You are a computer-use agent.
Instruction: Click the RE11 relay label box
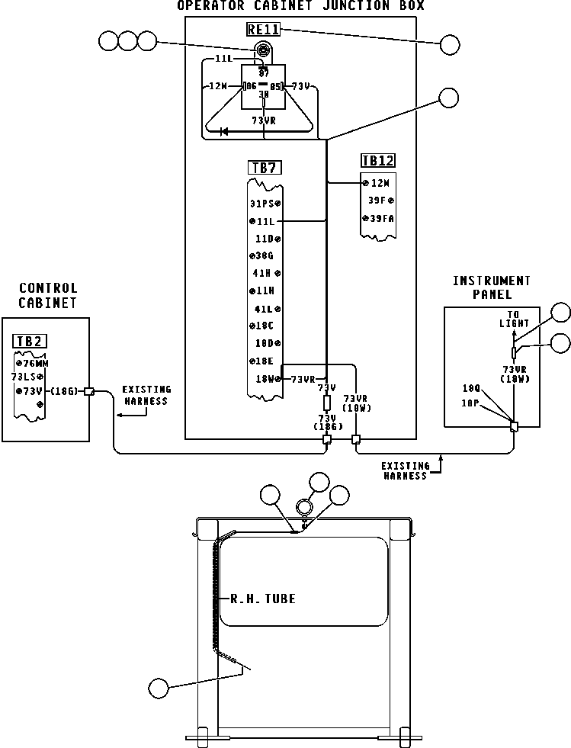click(x=263, y=30)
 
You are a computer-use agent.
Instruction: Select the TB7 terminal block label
click(x=263, y=168)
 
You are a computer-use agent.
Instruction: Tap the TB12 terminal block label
click(x=378, y=161)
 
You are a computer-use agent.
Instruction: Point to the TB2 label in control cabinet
click(x=29, y=341)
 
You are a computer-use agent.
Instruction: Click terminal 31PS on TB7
click(x=264, y=204)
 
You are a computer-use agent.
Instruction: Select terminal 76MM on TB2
click(x=32, y=363)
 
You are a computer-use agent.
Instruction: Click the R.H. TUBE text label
click(x=263, y=599)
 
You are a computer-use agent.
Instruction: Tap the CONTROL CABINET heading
click(x=48, y=295)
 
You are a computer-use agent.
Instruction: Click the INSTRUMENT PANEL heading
click(x=491, y=287)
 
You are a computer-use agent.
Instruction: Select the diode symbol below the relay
click(x=224, y=132)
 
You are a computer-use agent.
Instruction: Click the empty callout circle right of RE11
click(x=450, y=44)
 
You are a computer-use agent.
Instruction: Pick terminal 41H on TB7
click(x=265, y=273)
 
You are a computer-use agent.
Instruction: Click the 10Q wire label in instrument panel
click(x=471, y=387)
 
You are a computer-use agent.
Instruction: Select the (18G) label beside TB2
click(x=64, y=391)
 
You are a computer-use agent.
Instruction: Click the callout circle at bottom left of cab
click(x=159, y=689)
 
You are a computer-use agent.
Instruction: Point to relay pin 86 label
click(x=249, y=86)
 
